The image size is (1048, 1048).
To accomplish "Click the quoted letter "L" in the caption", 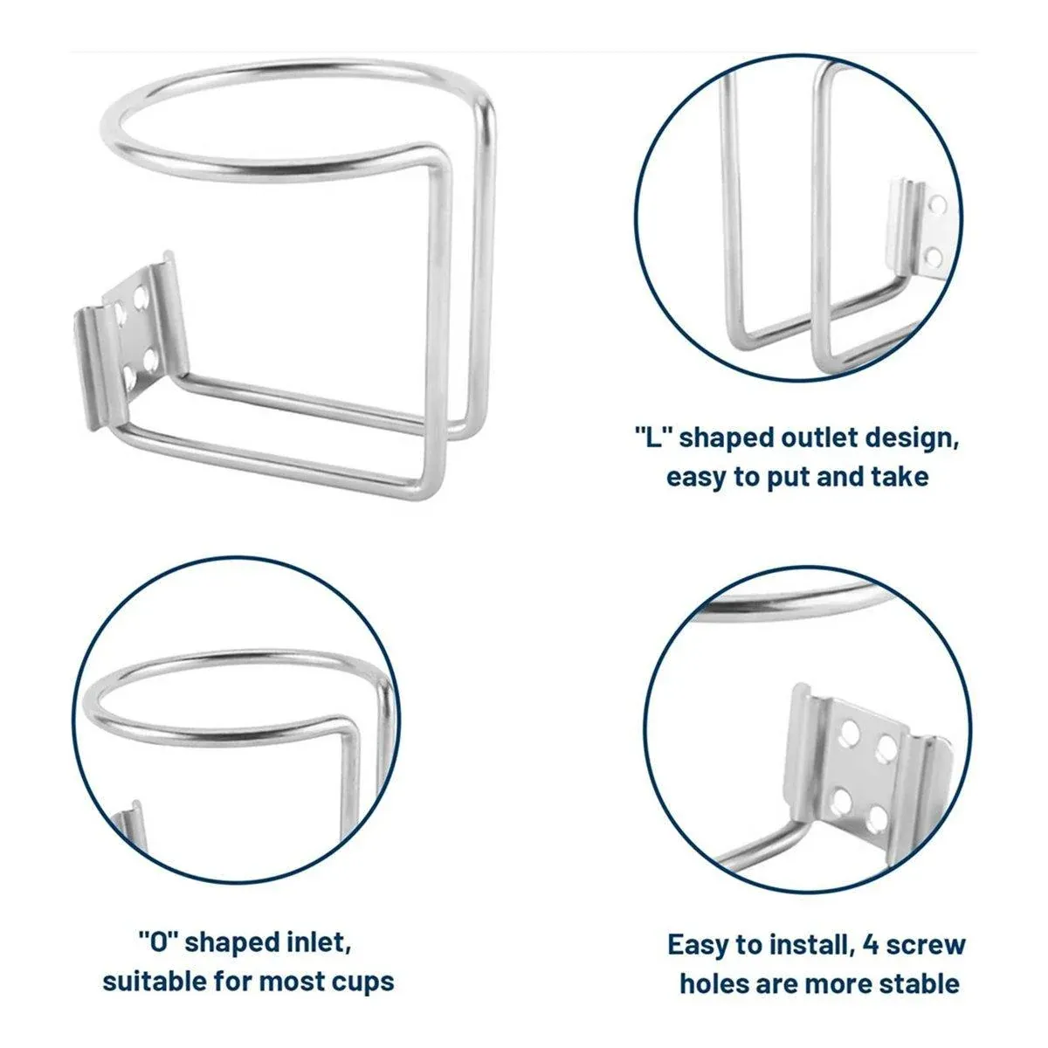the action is point(654,437).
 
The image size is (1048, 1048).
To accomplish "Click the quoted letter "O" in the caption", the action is point(159,942).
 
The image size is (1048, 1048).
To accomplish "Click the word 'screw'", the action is point(926,946).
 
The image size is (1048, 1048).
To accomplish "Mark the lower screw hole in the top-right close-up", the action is point(934,256).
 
